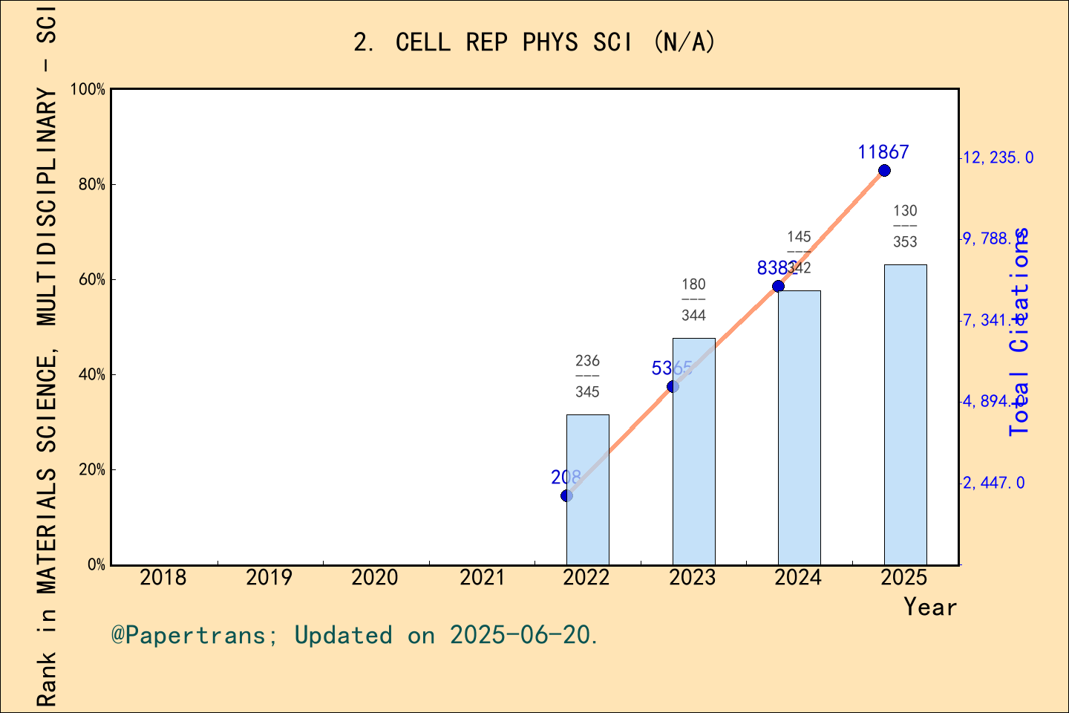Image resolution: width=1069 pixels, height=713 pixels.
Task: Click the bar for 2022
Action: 587,489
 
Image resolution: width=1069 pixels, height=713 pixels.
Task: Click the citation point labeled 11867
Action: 884,171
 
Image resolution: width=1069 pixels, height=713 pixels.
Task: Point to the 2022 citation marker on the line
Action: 566,495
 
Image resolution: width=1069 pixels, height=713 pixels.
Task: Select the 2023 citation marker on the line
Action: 673,386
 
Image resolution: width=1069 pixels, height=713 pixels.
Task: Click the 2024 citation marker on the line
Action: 778,286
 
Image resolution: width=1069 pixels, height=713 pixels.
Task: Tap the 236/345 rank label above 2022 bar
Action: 587,376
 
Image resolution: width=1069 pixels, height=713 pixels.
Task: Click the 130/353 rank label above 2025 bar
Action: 905,226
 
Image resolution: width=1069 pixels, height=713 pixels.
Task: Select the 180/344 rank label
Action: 693,299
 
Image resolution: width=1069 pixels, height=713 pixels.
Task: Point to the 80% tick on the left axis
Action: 92,185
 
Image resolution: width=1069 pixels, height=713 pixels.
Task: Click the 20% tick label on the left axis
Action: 92,470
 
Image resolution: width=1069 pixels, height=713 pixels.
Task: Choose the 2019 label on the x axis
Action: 269,578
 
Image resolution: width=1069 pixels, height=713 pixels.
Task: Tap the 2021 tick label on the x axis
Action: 481,578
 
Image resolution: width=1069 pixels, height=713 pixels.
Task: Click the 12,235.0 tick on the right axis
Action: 997,157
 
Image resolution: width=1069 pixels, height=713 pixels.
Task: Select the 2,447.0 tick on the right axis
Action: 993,483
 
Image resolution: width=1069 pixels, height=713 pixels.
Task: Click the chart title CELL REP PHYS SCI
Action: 534,42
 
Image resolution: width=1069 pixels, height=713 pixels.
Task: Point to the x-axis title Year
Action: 929,607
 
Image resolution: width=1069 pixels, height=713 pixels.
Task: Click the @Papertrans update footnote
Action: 354,635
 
